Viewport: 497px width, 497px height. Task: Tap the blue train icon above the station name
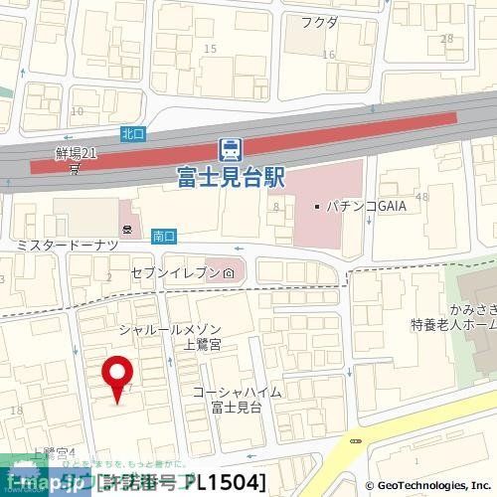[230, 150]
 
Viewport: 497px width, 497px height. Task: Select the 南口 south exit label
[164, 237]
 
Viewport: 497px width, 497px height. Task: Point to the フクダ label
[320, 22]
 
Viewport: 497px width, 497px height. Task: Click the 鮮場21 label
[76, 153]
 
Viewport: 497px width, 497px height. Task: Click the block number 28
[446, 39]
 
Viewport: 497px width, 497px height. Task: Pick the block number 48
[422, 198]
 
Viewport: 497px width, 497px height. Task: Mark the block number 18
[14, 411]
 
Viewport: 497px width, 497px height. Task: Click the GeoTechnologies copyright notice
[430, 486]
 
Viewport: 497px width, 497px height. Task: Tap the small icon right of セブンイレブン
[229, 272]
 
